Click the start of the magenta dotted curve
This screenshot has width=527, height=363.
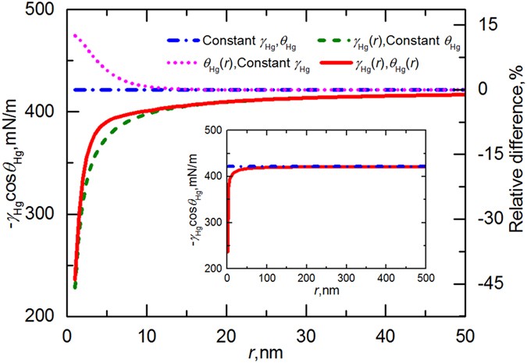(74, 35)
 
